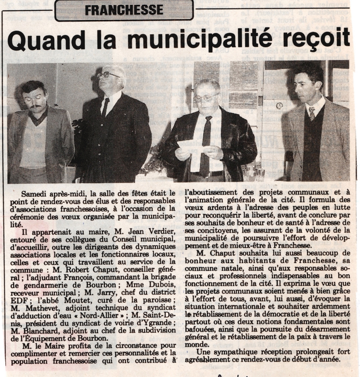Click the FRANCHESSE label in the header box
pos(124,10)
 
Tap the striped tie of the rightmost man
pos(311,112)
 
